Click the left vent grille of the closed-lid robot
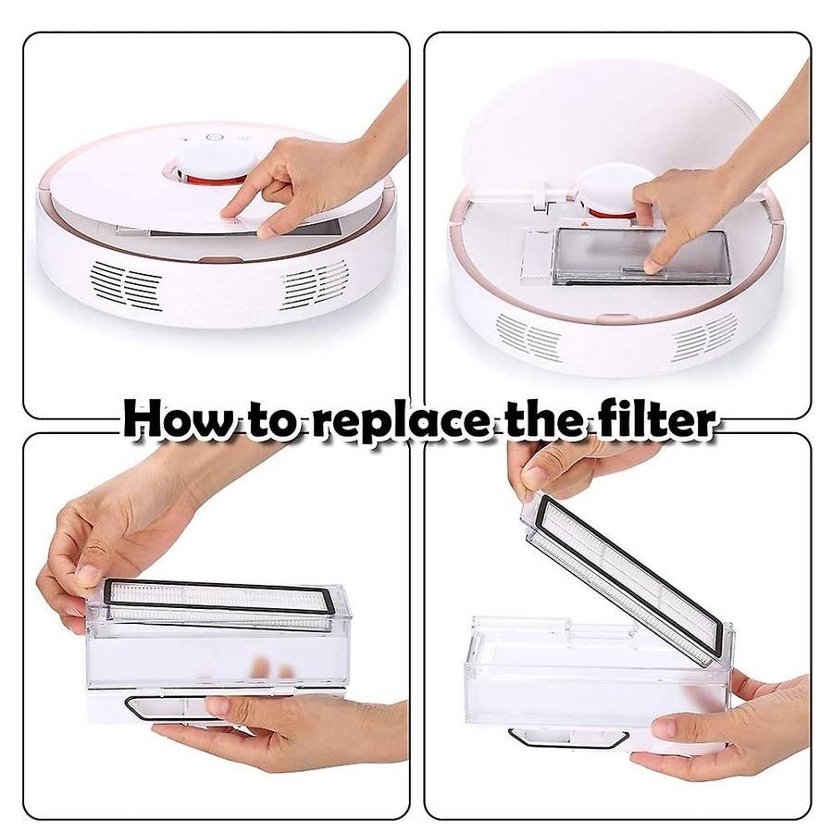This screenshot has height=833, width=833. (126, 285)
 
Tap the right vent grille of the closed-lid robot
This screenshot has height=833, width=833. (315, 284)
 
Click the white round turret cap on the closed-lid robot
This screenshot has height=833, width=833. (218, 157)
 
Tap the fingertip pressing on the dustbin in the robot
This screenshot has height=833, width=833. (655, 265)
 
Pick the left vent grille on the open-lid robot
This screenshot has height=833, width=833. (529, 337)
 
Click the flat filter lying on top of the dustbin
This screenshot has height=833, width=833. (219, 603)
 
